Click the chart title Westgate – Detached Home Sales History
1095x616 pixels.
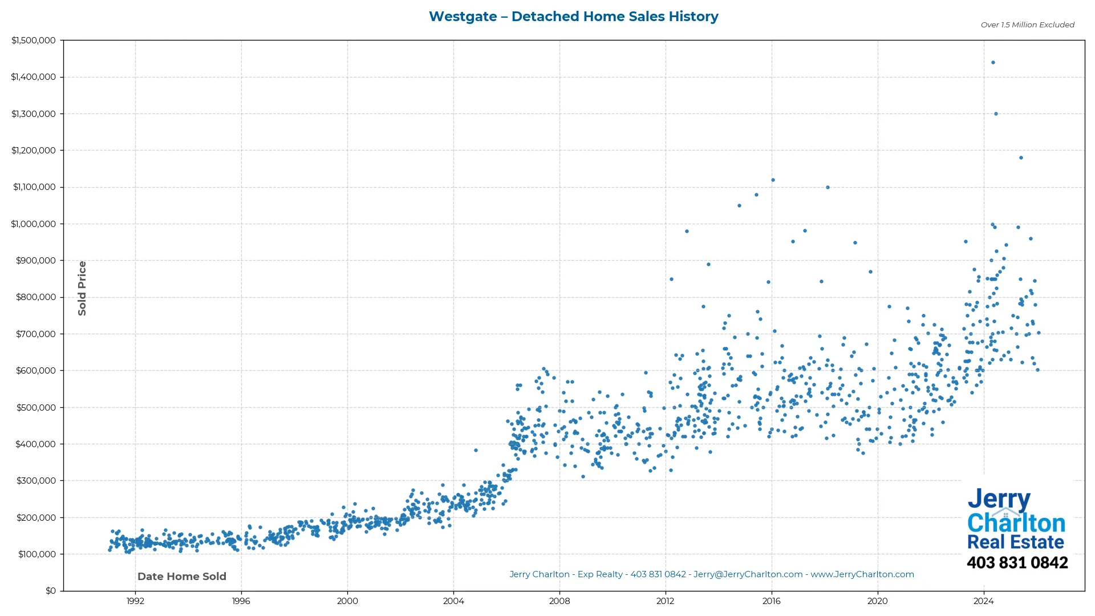click(x=573, y=17)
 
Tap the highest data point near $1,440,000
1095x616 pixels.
click(x=993, y=63)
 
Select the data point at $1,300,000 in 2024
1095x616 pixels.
click(x=996, y=114)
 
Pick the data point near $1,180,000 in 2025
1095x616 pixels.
click(x=1021, y=158)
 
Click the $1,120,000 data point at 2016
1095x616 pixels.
click(x=773, y=180)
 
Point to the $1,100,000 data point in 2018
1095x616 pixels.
click(x=828, y=188)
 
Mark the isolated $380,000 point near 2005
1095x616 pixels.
click(x=476, y=451)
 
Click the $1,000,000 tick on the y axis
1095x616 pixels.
click(x=34, y=224)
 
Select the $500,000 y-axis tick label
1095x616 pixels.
click(x=36, y=408)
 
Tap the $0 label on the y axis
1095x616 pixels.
click(x=51, y=591)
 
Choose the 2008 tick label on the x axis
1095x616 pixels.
click(x=559, y=601)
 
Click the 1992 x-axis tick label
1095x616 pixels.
click(x=135, y=601)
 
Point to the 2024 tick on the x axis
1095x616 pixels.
click(x=983, y=601)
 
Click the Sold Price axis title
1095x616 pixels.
click(x=82, y=288)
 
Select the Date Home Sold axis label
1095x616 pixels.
click(x=182, y=577)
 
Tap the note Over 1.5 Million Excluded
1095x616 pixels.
click(x=1027, y=25)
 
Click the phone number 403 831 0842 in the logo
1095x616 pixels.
click(x=1017, y=563)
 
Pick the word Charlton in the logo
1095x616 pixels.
click(x=1016, y=523)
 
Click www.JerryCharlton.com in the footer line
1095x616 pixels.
click(x=862, y=574)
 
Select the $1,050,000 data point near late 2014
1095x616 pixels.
click(x=739, y=206)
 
